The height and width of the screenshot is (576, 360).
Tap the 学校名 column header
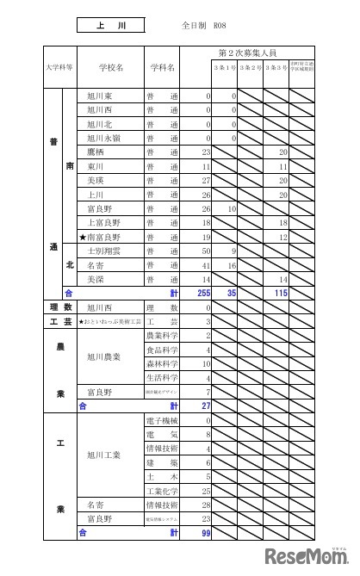111,66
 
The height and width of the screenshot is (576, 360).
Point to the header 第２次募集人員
253,53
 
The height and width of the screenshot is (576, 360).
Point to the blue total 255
203,293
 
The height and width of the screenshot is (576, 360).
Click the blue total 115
279,293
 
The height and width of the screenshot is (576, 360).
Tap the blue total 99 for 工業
205,533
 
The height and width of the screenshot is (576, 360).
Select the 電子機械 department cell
162,420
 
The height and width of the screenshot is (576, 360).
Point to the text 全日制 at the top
194,27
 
